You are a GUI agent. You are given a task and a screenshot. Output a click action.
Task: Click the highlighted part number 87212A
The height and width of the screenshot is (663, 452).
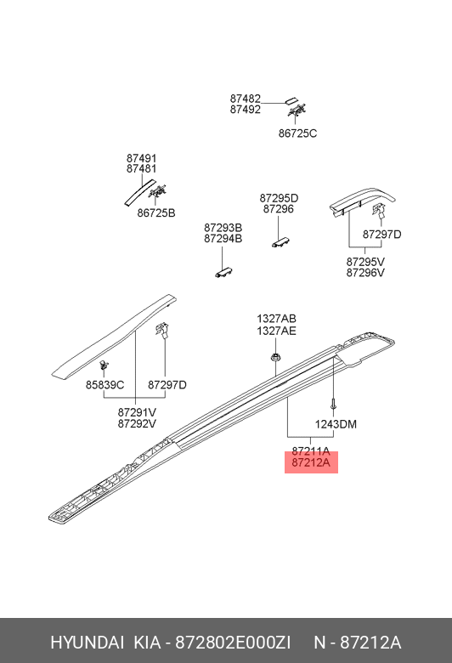click(311, 462)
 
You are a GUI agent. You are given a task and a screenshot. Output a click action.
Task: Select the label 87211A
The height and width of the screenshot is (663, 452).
click(311, 451)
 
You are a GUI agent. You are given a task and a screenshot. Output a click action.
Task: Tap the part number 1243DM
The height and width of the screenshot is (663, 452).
click(336, 424)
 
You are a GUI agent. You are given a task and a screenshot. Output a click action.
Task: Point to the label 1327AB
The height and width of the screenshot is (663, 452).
click(276, 319)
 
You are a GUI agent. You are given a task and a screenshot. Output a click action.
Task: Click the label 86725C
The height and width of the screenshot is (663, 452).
click(297, 133)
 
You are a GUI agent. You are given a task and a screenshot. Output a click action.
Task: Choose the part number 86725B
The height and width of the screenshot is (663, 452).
click(156, 213)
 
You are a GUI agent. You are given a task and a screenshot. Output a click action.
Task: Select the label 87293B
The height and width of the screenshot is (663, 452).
click(223, 229)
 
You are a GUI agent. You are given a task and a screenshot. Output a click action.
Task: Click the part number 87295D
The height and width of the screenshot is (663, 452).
click(279, 198)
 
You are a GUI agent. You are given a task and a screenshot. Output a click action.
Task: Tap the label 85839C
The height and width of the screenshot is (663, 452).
click(105, 385)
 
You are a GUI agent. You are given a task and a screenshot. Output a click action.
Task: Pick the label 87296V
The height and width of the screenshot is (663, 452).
click(365, 273)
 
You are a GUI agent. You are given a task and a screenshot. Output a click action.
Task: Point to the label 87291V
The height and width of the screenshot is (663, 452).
click(137, 412)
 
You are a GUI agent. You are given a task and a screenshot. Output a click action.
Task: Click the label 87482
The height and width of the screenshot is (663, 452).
click(246, 99)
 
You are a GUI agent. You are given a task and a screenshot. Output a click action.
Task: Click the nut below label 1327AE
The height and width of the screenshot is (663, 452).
click(275, 357)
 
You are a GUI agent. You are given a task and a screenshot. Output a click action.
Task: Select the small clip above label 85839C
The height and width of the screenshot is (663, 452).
click(103, 365)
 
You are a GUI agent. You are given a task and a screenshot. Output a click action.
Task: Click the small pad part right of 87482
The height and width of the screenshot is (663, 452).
click(291, 101)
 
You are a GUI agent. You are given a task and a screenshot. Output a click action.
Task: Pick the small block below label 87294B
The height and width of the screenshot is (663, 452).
click(224, 272)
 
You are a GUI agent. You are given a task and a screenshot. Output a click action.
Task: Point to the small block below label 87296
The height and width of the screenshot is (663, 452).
click(280, 242)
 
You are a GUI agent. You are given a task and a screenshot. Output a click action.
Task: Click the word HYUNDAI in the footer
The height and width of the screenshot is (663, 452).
click(88, 643)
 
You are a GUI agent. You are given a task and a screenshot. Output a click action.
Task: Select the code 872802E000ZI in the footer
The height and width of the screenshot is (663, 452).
click(233, 643)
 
